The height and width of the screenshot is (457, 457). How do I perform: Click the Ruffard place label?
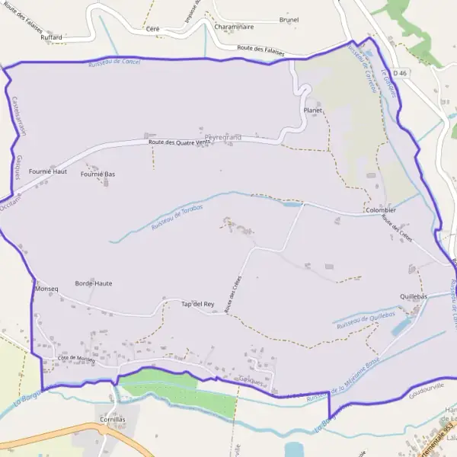[x=52, y=37]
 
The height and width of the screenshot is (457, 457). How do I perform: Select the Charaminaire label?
[x=234, y=27]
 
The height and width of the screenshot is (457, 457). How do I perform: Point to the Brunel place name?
[x=289, y=20]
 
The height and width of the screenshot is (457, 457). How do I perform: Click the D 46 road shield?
[x=403, y=73]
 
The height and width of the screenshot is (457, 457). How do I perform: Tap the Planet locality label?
[x=313, y=110]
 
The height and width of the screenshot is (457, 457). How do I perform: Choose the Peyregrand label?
[x=222, y=137]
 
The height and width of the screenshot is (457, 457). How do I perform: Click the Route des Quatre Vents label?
[x=179, y=142]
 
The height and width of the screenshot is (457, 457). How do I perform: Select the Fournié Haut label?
[x=48, y=172]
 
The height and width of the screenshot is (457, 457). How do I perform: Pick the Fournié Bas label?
[x=97, y=174]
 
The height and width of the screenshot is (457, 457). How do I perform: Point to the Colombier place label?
[x=381, y=210]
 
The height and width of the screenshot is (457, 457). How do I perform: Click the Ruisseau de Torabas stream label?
[x=177, y=218]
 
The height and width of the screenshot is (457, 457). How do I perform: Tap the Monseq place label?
[x=46, y=290]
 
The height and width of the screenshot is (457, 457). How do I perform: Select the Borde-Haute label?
[x=94, y=283]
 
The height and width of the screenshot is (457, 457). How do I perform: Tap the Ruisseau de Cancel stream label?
[x=114, y=61]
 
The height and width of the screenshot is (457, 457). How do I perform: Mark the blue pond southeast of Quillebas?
[x=399, y=328]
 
